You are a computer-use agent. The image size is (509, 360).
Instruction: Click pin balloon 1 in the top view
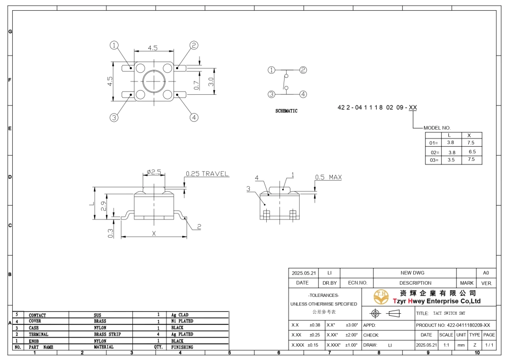(114, 45)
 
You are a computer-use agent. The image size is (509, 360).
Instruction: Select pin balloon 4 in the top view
(194, 117)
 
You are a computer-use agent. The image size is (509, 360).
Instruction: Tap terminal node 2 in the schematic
(303, 70)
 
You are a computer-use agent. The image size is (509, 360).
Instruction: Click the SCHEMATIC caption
(286, 111)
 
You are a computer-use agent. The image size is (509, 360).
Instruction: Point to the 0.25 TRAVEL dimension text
(207, 174)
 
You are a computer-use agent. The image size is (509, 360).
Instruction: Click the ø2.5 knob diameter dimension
(154, 172)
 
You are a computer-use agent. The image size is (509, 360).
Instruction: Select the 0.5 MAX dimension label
(328, 177)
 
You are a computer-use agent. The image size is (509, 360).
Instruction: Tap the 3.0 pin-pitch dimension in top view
(211, 82)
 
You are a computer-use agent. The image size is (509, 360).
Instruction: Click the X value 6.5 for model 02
(472, 152)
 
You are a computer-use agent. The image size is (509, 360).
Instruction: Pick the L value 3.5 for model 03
(451, 160)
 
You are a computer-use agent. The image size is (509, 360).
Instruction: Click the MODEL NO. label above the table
(437, 128)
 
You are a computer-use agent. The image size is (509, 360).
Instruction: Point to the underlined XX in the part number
(413, 107)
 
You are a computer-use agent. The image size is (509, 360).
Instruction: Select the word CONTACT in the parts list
(37, 315)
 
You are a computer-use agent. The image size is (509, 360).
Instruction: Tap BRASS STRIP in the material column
(107, 335)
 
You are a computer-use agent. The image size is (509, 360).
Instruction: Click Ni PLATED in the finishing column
(182, 321)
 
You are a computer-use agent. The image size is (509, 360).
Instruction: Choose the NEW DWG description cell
(412, 273)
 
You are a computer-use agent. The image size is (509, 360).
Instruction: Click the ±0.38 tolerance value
(315, 325)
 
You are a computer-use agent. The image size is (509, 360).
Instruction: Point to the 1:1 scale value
(446, 345)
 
